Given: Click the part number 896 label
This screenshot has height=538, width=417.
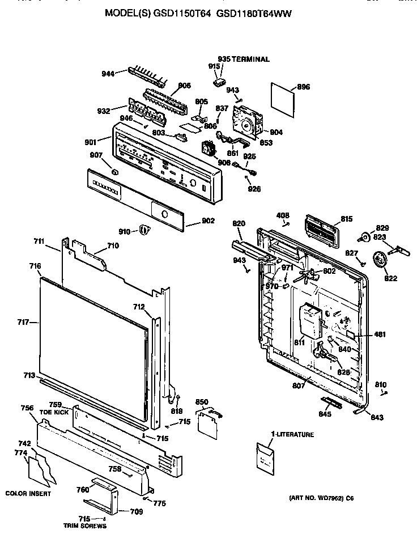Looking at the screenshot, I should pos(304,87).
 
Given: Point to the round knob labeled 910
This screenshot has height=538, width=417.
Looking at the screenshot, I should pos(144,230).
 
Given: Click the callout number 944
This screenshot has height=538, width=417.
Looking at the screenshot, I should pos(108,74).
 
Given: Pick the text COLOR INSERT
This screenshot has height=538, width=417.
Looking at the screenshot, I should pos(28,493).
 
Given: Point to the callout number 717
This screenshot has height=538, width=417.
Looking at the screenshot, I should pos(23,322).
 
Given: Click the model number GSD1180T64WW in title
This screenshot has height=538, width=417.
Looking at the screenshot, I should pos(255,13).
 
